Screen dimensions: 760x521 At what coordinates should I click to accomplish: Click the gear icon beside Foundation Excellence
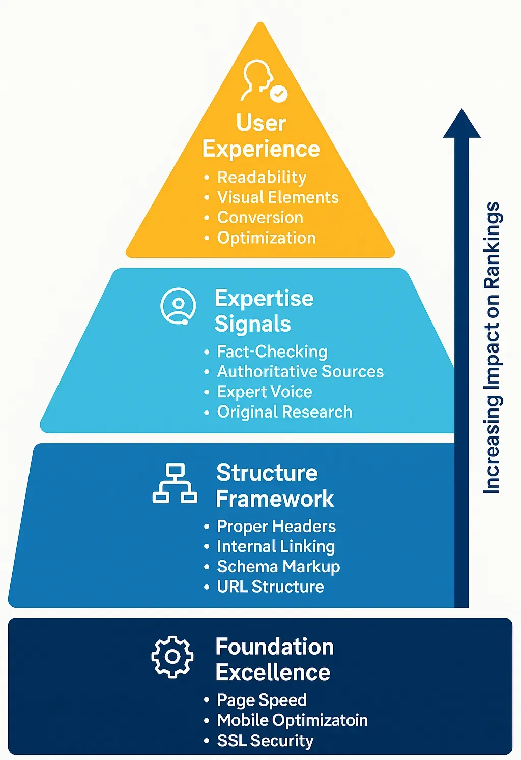pyautogui.click(x=172, y=657)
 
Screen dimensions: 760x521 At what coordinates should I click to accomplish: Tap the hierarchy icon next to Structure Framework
pyautogui.click(x=175, y=483)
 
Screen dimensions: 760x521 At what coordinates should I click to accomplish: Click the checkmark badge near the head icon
pyautogui.click(x=278, y=93)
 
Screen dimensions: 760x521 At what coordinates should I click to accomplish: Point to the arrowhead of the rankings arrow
pyautogui.click(x=461, y=124)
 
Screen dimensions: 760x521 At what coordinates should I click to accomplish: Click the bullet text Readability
pyautogui.click(x=262, y=177)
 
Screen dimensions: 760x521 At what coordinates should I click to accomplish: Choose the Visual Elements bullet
pyautogui.click(x=278, y=197)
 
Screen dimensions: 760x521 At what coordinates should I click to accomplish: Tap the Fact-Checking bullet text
pyautogui.click(x=272, y=352)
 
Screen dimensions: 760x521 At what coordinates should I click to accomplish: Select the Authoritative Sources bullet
pyautogui.click(x=300, y=372)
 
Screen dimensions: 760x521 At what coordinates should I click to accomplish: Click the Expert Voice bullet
pyautogui.click(x=265, y=392)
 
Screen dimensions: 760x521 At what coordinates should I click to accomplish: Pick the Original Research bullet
pyautogui.click(x=284, y=412)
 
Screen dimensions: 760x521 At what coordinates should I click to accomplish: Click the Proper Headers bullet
pyautogui.click(x=276, y=526)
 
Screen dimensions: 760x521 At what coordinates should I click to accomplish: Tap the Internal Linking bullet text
pyautogui.click(x=276, y=546)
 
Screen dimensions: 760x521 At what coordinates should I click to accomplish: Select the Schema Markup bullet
pyautogui.click(x=278, y=567)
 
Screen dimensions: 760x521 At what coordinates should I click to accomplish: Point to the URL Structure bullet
pyautogui.click(x=270, y=587)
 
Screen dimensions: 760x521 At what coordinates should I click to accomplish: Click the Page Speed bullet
pyautogui.click(x=262, y=700)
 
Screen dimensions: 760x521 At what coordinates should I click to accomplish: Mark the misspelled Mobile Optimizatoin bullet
pyautogui.click(x=292, y=720)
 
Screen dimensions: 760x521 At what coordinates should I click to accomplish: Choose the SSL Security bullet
pyautogui.click(x=265, y=741)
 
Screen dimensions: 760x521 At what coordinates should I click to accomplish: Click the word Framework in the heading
pyautogui.click(x=275, y=499)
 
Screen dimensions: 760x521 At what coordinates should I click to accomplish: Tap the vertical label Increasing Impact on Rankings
pyautogui.click(x=491, y=348)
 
